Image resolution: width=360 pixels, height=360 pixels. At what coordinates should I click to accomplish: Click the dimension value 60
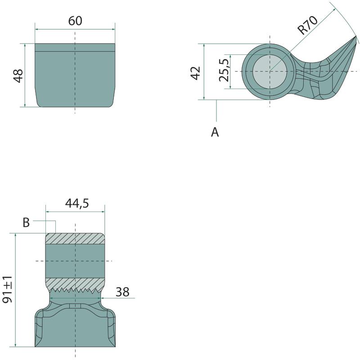point(75,21)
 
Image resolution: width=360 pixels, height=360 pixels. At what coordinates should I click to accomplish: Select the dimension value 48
point(18,76)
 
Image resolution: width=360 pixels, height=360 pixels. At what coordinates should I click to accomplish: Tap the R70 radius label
point(307,25)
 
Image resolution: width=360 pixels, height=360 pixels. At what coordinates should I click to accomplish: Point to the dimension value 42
point(196,73)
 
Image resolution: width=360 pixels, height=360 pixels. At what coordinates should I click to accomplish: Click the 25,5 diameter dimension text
point(224,70)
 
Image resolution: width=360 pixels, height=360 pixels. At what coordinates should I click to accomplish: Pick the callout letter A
point(215,132)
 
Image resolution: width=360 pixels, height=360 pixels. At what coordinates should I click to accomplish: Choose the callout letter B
point(26,222)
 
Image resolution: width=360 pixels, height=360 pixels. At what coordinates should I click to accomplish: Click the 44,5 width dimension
point(77,203)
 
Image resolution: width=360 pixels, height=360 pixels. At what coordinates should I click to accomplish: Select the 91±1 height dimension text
point(7,289)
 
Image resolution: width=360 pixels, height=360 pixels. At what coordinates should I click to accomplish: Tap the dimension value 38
point(122,292)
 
